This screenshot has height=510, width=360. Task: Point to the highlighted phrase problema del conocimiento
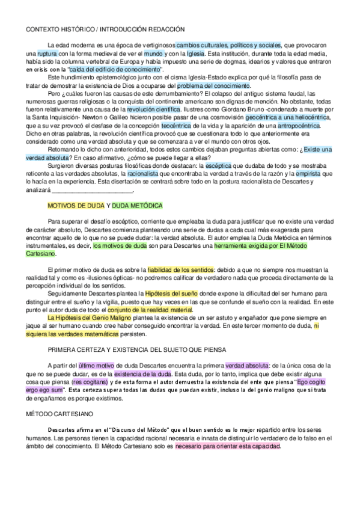click(214, 86)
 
